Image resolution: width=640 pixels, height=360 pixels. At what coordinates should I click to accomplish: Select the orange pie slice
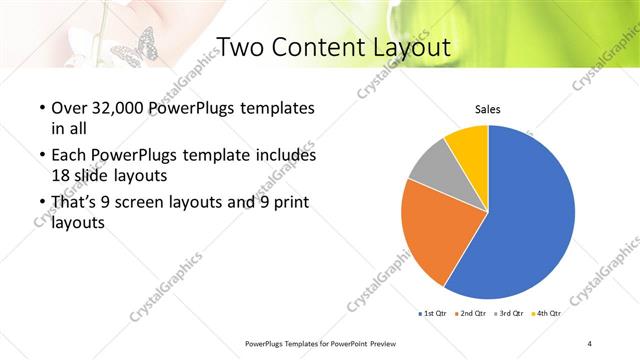432,235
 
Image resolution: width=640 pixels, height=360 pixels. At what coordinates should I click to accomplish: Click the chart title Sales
487,109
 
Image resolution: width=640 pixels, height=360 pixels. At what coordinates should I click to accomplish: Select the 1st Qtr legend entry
433,313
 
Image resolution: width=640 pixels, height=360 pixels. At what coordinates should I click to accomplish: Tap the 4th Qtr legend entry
547,313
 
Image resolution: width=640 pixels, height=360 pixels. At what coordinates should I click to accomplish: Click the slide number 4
590,343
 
